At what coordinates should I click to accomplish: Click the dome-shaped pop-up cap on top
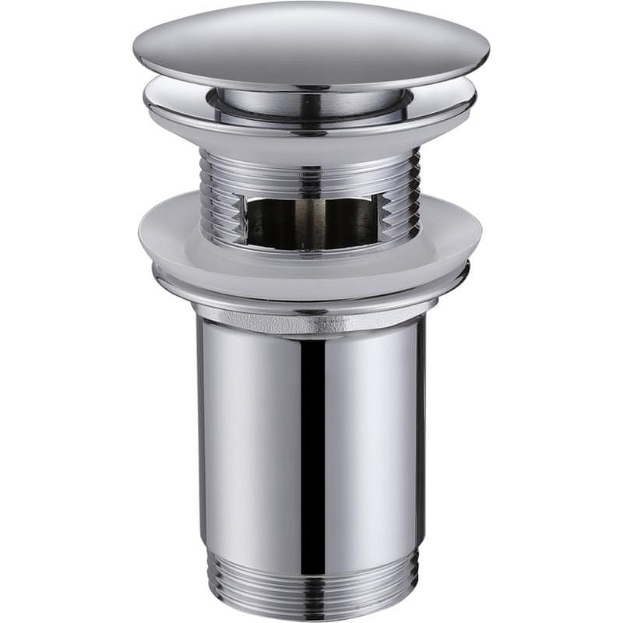(311, 43)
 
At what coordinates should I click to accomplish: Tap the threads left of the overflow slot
(222, 195)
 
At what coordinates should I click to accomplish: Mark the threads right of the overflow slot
(401, 195)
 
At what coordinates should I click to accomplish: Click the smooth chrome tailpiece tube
(249, 436)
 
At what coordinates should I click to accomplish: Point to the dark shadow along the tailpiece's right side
(421, 436)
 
